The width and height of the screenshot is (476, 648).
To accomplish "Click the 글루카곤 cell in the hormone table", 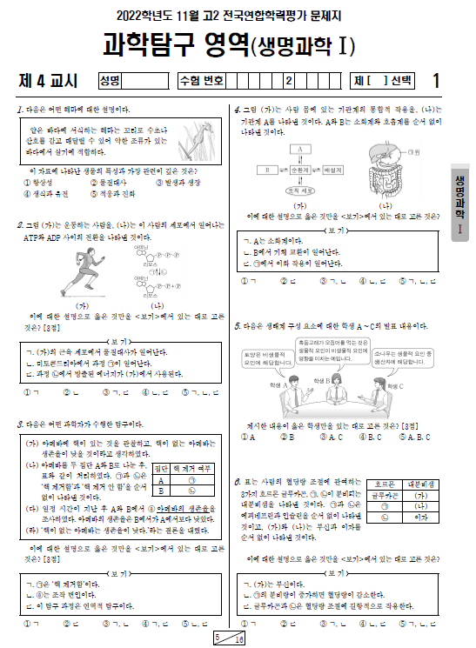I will pyautogui.click(x=384, y=495).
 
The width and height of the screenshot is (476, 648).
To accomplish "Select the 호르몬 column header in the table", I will pyautogui.click(x=384, y=484).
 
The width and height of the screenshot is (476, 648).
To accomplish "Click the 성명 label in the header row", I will pyautogui.click(x=110, y=81).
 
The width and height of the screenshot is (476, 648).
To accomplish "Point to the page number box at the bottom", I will pyautogui.click(x=230, y=638).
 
